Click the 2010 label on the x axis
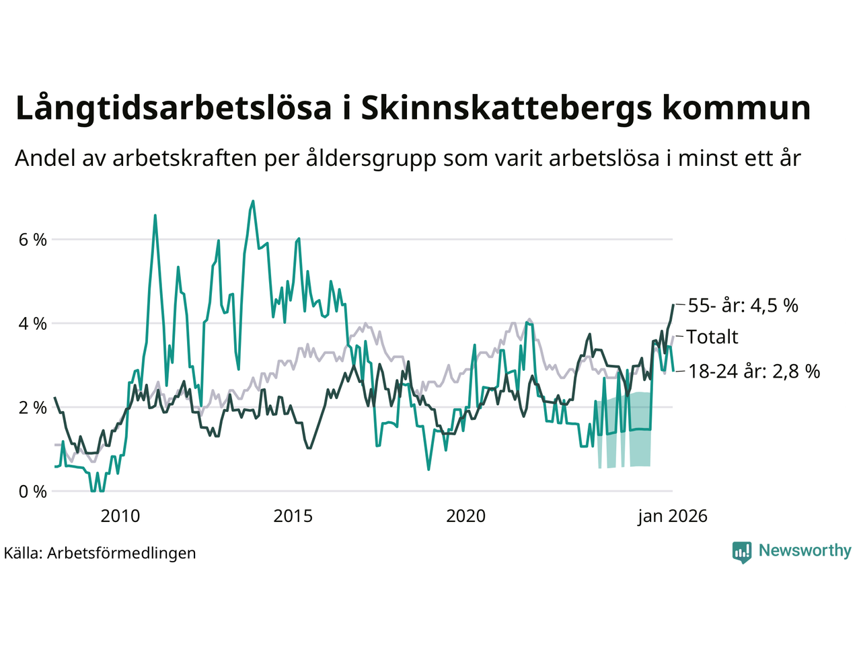tap(120, 516)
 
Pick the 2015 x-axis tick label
tap(293, 516)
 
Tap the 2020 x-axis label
tap(465, 516)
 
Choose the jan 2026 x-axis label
tap(673, 516)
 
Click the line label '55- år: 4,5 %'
tap(743, 306)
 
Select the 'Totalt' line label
tap(712, 337)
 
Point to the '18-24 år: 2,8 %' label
tap(753, 371)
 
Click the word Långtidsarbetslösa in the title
tap(174, 109)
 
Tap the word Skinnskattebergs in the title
tap(507, 109)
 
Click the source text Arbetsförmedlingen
tap(122, 553)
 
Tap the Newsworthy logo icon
tap(742, 552)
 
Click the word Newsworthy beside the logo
tap(804, 551)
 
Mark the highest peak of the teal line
tap(253, 200)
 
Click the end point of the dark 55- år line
tap(673, 305)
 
